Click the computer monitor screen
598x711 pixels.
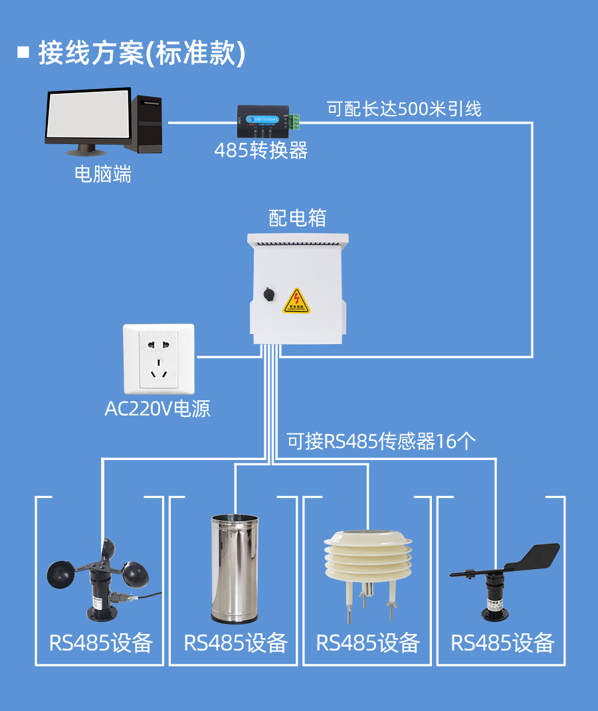point(88,116)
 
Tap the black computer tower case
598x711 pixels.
point(147,123)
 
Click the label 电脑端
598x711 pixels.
point(103,175)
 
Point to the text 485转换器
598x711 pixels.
point(261,151)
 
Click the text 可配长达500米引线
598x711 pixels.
point(404,109)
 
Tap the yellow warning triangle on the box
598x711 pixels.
point(296,301)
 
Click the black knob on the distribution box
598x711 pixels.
point(268,293)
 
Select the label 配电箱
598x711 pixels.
point(297,218)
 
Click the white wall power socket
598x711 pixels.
point(159,359)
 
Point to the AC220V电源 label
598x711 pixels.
point(157,408)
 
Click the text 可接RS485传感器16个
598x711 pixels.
point(381,441)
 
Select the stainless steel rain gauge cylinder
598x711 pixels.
point(233,568)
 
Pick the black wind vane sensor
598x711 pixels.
point(495,584)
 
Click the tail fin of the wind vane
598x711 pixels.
point(534,556)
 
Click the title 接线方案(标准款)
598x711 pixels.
point(142,54)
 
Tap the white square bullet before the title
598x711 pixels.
point(24,52)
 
